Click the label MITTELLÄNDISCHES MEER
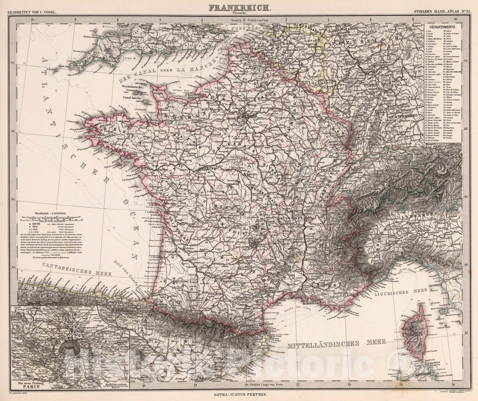(335, 346)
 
